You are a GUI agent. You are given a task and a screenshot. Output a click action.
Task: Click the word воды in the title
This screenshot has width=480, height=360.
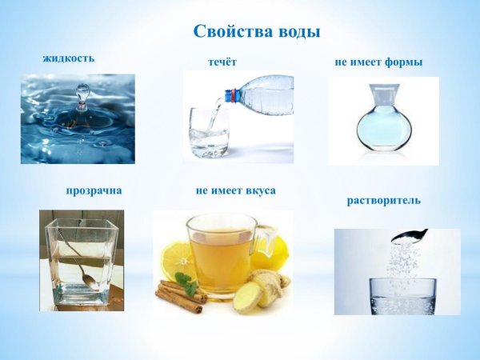coord(297,32)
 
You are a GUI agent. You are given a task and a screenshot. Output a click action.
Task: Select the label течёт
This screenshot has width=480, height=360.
coord(222,62)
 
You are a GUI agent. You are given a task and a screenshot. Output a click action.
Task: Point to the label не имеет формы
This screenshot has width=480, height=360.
coord(378,62)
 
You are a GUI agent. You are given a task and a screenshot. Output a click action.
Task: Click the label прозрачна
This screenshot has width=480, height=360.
coord(94,191)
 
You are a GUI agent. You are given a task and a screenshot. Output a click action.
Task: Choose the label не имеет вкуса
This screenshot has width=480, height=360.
coord(235,191)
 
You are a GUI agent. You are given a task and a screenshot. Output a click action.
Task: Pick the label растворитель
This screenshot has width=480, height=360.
coord(383,199)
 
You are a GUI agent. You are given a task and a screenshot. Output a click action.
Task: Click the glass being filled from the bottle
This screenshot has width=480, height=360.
coord(209,132)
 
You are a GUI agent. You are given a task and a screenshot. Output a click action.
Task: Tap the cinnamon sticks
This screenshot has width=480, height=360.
coord(180,293)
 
